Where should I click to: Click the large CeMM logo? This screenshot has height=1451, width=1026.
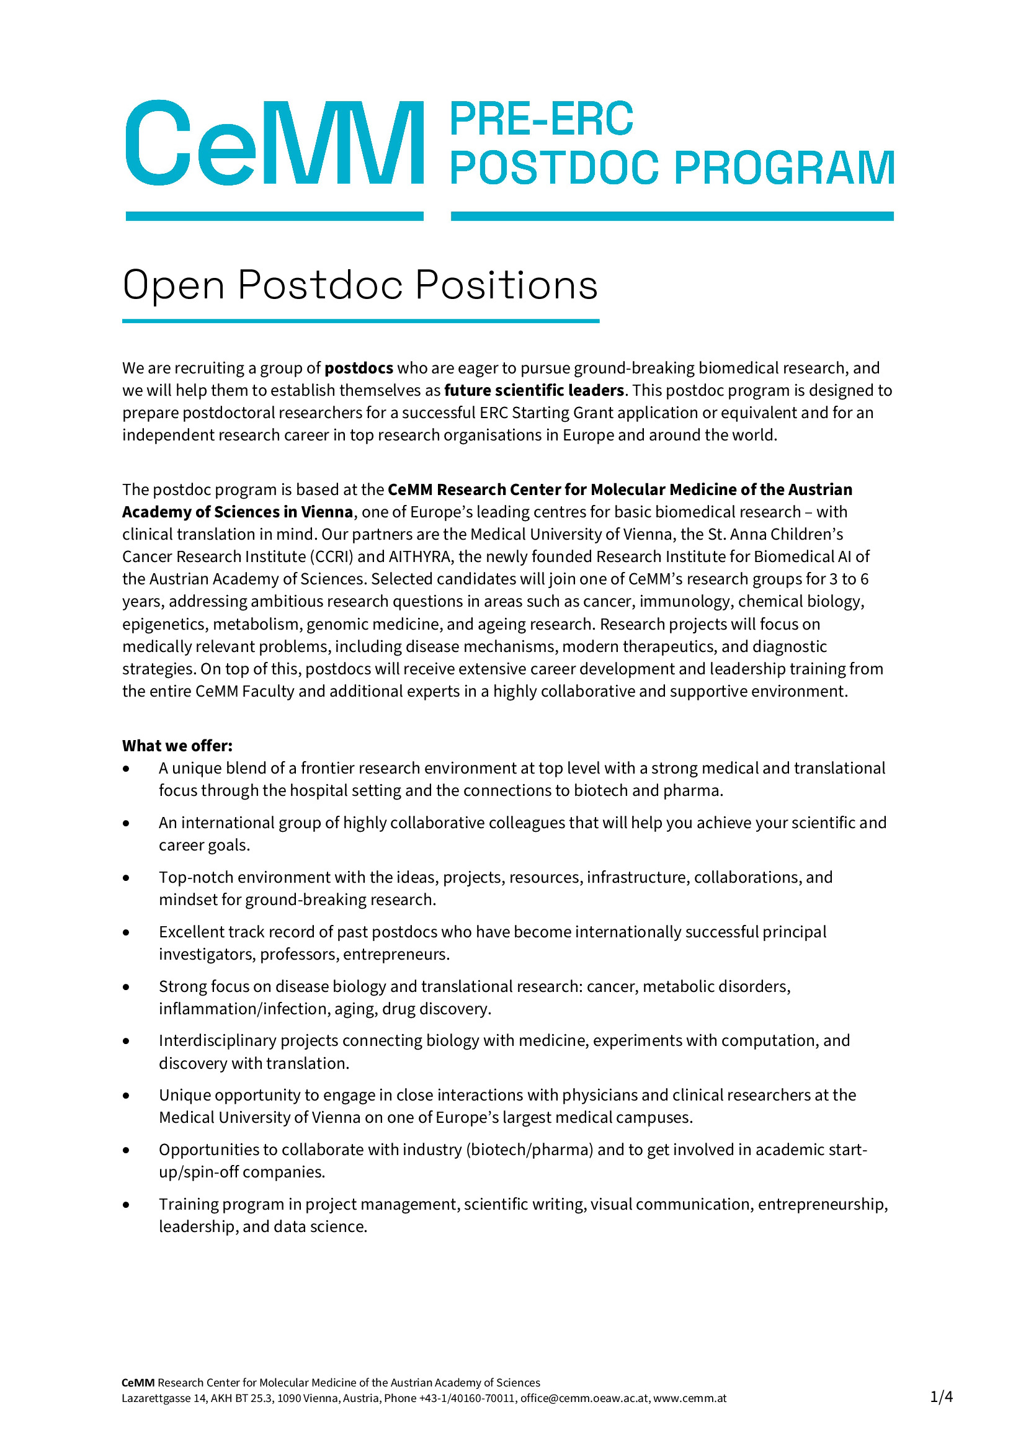pos(274,143)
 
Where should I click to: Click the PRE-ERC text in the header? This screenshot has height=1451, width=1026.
pos(541,120)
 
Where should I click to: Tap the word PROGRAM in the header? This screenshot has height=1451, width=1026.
pos(784,168)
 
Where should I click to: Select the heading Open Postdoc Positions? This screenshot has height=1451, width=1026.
pos(360,285)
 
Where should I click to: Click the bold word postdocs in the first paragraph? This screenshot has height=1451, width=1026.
pos(359,368)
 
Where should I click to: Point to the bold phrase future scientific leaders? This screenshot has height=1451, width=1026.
pos(534,391)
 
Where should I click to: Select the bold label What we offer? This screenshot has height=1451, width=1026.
pos(177,746)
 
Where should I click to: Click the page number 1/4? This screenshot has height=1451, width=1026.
pos(941,1396)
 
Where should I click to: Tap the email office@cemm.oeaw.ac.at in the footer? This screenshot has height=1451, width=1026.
pos(584,1398)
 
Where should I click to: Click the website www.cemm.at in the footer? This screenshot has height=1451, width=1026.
pos(690,1398)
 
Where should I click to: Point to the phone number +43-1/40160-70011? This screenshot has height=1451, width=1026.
pos(467,1398)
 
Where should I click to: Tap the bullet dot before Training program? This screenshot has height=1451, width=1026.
pos(127,1205)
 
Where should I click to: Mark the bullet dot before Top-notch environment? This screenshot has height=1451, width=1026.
pos(127,878)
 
